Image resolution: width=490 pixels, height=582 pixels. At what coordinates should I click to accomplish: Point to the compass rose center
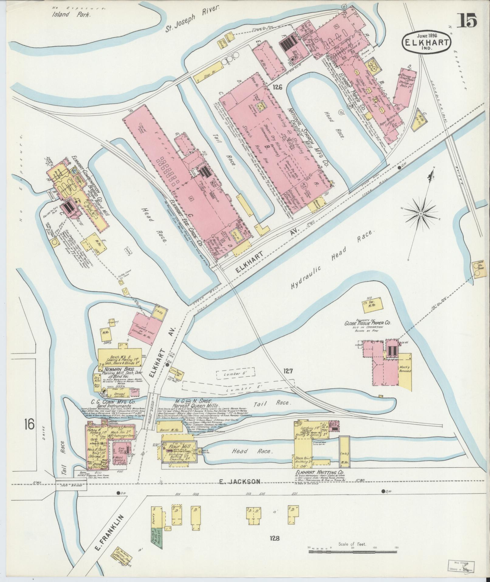tap(421, 214)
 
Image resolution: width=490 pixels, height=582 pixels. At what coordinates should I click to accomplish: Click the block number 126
tap(277, 87)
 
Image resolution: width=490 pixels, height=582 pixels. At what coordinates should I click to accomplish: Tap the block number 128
tap(273, 538)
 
